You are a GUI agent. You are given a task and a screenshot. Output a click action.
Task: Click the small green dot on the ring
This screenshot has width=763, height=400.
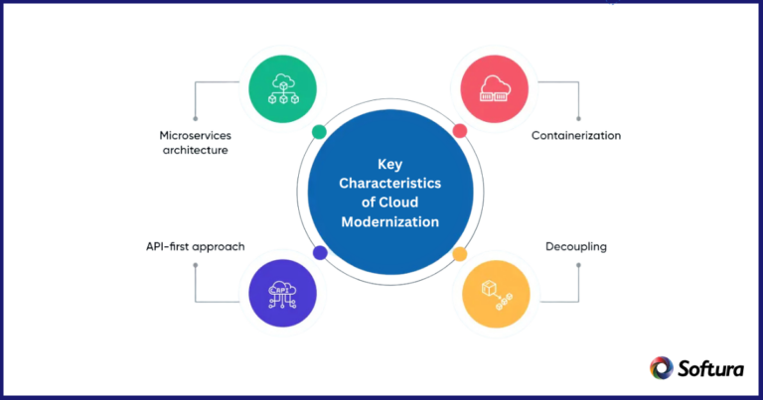[x=318, y=132]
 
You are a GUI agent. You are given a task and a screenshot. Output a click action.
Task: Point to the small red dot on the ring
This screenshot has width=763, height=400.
[x=459, y=131]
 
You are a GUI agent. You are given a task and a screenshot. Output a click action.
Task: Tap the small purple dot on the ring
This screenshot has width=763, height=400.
[x=320, y=253]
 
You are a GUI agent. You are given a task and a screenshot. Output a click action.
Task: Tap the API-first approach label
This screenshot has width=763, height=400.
[x=188, y=245]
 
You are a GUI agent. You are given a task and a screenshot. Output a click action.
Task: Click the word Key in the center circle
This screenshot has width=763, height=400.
[x=389, y=165]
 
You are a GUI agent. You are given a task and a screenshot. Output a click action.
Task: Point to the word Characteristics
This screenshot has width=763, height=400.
[x=389, y=184]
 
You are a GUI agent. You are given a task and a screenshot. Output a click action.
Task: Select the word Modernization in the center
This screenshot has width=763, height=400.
[x=389, y=222]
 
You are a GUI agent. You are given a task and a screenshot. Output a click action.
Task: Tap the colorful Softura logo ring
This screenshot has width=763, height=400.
[x=661, y=368]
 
